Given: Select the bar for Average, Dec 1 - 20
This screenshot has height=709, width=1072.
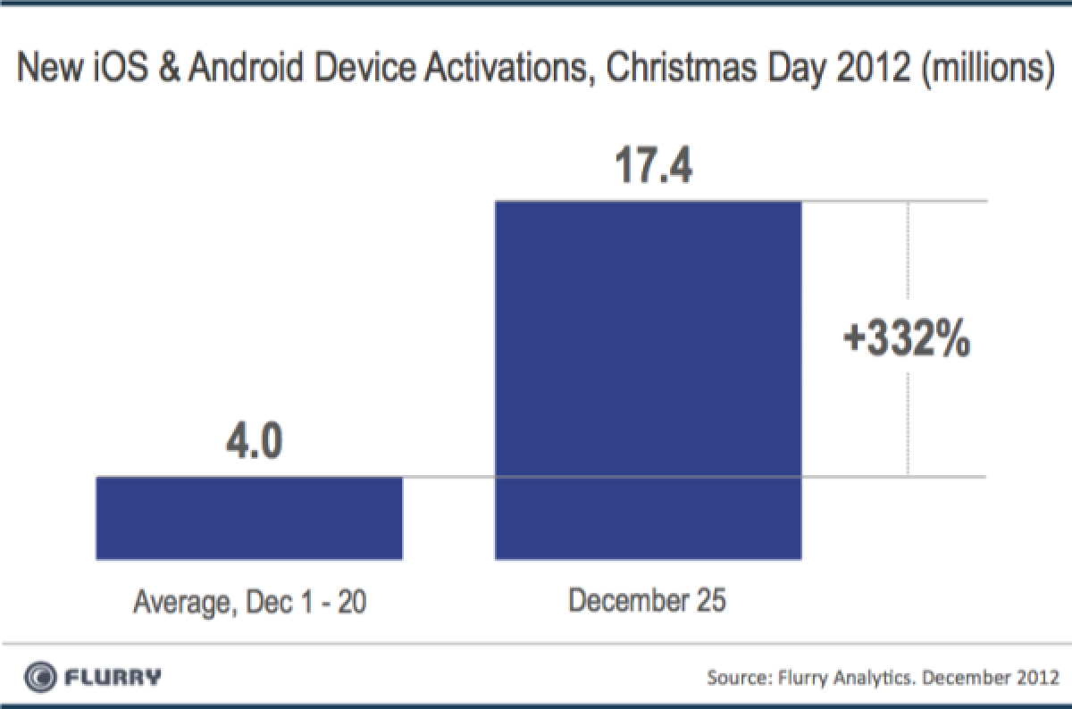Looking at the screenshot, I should point(249,518).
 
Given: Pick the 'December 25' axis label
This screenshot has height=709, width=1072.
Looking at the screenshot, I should point(648,600).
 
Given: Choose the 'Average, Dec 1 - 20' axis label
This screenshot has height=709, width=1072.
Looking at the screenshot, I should point(250,605).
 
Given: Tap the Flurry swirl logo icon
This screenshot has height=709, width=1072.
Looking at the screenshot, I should point(41,675).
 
